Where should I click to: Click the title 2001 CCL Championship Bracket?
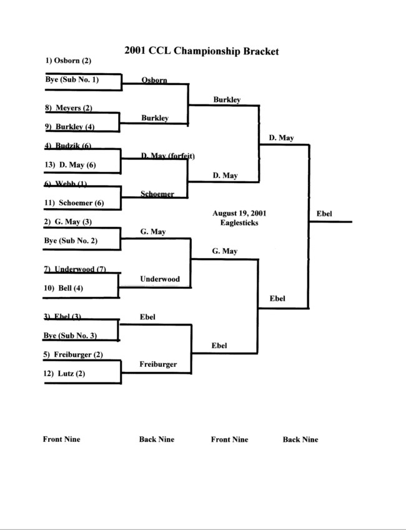[x=201, y=51]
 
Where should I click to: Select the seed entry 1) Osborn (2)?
[x=69, y=61]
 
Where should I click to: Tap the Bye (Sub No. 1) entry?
[x=72, y=80]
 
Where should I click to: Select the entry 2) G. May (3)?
[x=69, y=221]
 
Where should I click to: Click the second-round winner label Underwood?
[x=160, y=279]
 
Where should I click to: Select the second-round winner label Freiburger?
[x=158, y=364]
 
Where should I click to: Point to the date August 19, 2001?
[x=235, y=213]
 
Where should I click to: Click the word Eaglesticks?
[x=235, y=222]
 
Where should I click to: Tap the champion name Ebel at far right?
[x=324, y=214]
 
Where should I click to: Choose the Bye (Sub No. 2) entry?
[x=72, y=241]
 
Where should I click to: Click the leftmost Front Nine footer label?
[x=61, y=439]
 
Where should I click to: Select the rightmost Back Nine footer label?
[x=300, y=440]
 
